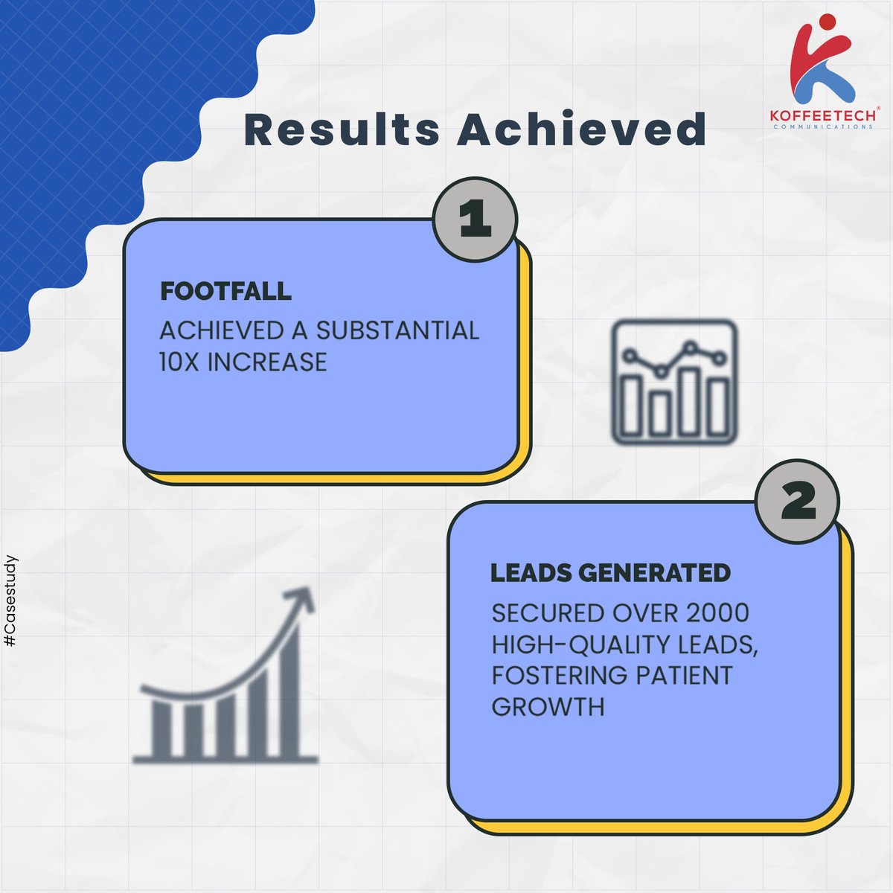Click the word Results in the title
point(342,129)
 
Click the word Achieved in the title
point(581,129)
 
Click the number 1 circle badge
point(475,221)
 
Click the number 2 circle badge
point(798,503)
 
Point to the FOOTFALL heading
point(225,291)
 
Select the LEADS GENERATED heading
point(610,573)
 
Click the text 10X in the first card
point(179,362)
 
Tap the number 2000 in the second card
point(717,613)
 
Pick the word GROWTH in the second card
point(548,706)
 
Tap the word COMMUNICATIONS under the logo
point(823,127)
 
